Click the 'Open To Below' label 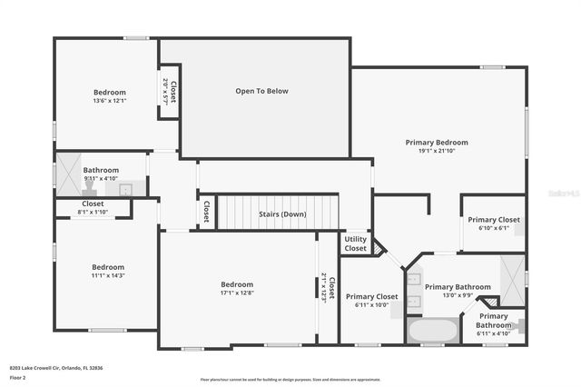(x=261, y=91)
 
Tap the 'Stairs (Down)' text (x=281, y=213)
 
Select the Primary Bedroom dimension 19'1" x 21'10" (x=437, y=151)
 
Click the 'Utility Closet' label (x=355, y=243)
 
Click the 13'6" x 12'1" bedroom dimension (x=109, y=101)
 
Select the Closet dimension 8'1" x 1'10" (x=93, y=212)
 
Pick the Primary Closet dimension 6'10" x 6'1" (x=493, y=227)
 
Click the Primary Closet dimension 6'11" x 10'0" (x=371, y=304)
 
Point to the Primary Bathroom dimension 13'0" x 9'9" (x=457, y=294)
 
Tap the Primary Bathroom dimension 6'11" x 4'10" (x=493, y=333)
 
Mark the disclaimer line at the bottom (x=290, y=380)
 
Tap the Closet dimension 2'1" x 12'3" (x=325, y=288)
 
